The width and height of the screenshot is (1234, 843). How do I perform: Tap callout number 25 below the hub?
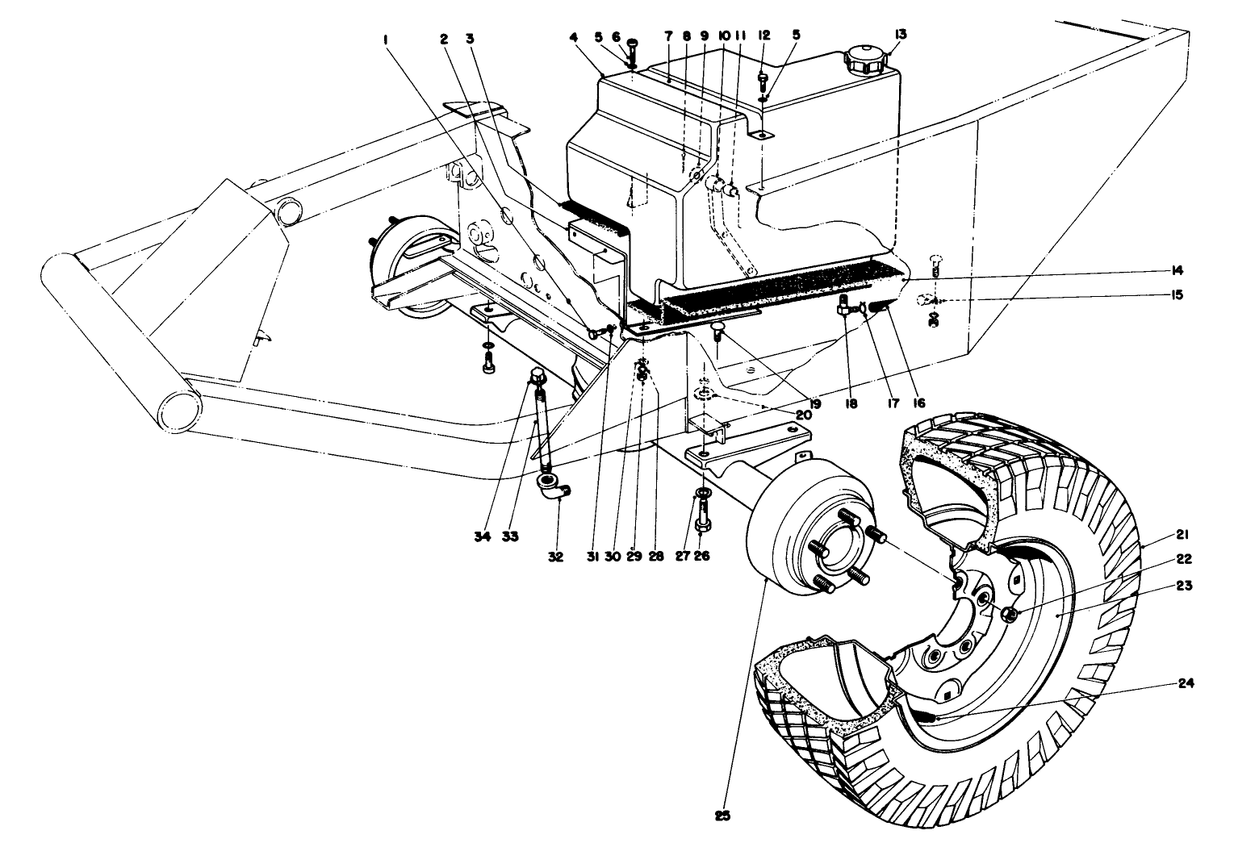click(722, 816)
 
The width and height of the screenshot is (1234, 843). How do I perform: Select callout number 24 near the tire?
click(1186, 683)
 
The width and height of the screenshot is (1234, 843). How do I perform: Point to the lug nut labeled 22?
click(1008, 615)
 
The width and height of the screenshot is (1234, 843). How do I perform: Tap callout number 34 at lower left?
click(483, 535)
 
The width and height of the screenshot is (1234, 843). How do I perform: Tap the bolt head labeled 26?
click(701, 525)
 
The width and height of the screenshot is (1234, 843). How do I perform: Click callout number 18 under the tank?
click(849, 401)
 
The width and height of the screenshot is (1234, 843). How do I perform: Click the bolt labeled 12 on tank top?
click(763, 79)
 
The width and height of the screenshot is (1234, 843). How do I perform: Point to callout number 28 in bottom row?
click(656, 534)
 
